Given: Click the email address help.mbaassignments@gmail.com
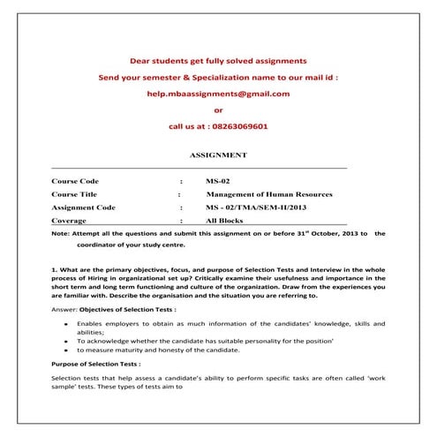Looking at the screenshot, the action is coord(218,94).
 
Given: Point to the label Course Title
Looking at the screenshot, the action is coord(75,193).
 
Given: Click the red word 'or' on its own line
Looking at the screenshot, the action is coord(218,110).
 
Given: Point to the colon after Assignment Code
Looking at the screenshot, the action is coord(179,207).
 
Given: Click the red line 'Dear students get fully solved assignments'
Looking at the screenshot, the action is coord(218,61).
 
